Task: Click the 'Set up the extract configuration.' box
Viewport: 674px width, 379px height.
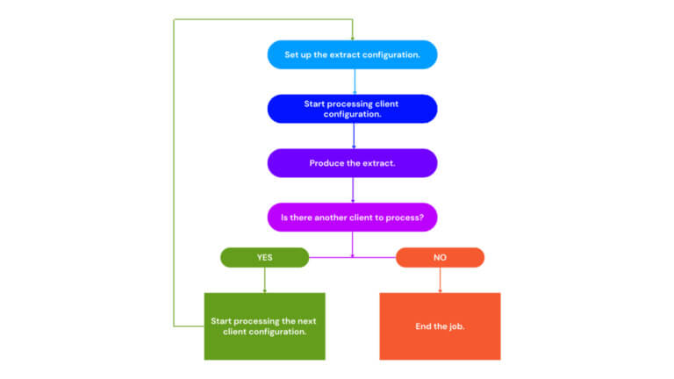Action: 352,54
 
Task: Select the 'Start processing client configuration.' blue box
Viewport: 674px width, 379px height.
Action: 352,109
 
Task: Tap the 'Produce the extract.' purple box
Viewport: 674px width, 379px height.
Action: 352,163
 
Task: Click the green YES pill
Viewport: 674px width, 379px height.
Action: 264,258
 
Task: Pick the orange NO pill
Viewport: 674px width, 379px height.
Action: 440,258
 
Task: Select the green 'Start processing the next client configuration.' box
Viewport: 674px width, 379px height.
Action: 264,326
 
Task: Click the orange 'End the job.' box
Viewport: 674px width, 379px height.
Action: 440,326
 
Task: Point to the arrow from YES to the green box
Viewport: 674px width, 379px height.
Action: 264,280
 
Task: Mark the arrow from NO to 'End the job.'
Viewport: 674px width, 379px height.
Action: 440,280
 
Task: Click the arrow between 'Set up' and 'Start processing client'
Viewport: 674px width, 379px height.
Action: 354,82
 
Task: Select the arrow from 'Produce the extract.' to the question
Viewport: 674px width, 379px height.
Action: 353,190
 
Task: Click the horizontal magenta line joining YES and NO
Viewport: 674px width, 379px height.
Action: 352,258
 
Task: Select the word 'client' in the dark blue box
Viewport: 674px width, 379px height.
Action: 387,104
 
